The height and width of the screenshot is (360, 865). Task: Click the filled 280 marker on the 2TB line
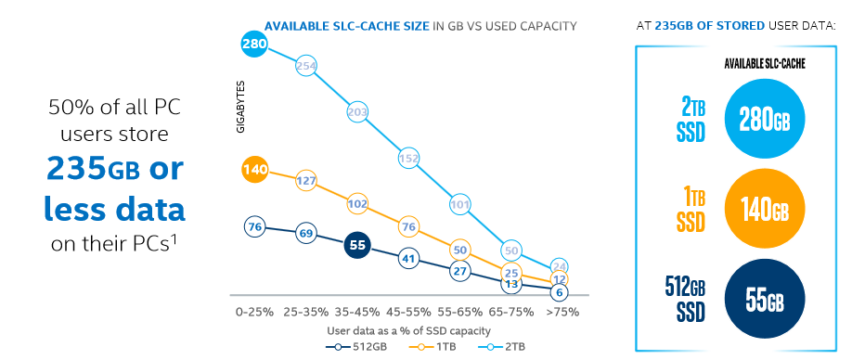point(254,43)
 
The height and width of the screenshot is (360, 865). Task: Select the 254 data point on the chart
point(306,66)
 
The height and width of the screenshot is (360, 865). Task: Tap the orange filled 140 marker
point(254,169)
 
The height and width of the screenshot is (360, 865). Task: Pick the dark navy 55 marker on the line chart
point(357,245)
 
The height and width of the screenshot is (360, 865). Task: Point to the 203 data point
point(357,112)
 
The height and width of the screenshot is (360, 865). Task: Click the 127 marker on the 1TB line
point(306,181)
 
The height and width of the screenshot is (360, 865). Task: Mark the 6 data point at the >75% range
point(559,291)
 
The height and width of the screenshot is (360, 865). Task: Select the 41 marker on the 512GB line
point(407,258)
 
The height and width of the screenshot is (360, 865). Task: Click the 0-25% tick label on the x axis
point(254,313)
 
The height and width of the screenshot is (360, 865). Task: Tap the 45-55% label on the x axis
point(407,313)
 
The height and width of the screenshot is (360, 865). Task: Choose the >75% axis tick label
point(561,313)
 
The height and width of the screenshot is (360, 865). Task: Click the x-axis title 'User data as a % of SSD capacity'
point(407,329)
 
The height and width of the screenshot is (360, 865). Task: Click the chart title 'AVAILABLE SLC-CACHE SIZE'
point(347,25)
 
